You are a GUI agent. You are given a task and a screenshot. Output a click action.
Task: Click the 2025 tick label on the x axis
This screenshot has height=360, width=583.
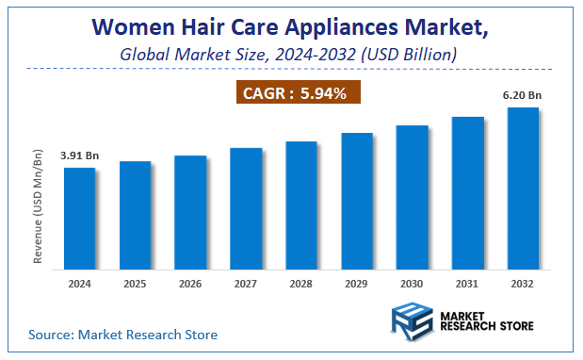[x=135, y=283]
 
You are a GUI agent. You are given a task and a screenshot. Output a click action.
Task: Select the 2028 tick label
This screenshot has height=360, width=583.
[x=301, y=283]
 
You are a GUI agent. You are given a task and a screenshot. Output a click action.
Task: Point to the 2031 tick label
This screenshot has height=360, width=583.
[x=468, y=283]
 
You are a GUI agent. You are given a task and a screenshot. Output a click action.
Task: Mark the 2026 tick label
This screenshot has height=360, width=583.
[x=190, y=283]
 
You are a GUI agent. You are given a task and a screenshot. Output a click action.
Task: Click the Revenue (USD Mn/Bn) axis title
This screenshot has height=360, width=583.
[x=39, y=205]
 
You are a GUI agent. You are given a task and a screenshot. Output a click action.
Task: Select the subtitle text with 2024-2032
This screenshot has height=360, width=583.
[x=289, y=55]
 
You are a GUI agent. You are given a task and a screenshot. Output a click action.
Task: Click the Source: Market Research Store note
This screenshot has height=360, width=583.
[x=122, y=334]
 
